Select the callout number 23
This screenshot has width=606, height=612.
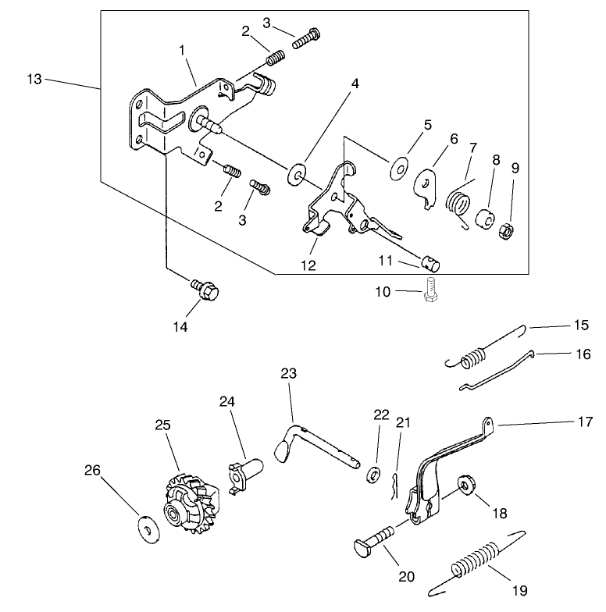pos(289,374)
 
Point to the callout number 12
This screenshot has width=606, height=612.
pos(308,265)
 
